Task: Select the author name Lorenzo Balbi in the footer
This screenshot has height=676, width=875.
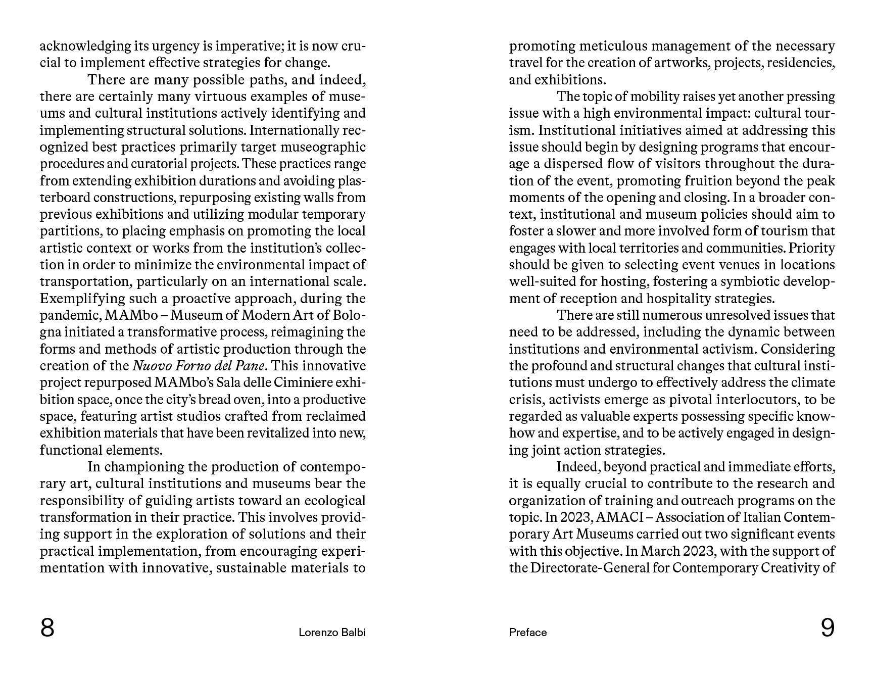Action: tap(332, 633)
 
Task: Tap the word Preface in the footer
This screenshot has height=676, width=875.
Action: tap(528, 633)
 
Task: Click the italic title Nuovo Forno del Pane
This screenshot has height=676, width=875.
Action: tap(199, 366)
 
